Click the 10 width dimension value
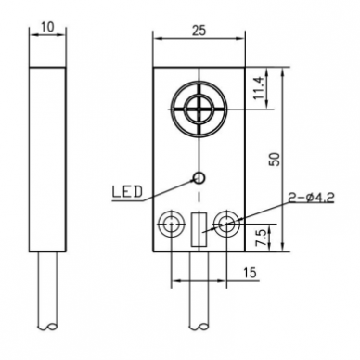(x=47, y=27)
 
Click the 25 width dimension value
(x=199, y=31)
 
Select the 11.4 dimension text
(x=259, y=88)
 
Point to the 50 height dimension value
(x=275, y=160)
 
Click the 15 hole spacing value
(x=250, y=273)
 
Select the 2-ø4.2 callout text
(x=311, y=198)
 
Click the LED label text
(x=127, y=192)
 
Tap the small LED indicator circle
(x=199, y=177)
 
